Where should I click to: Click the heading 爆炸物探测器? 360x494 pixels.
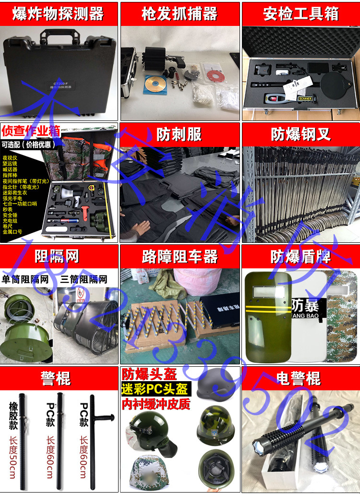click(x=59, y=14)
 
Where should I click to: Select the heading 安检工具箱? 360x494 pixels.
click(x=300, y=14)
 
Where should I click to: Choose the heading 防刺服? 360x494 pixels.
click(x=179, y=134)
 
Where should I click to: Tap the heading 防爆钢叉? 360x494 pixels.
click(x=300, y=134)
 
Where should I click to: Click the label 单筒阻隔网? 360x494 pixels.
click(x=26, y=279)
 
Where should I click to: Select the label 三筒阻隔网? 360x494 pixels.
click(x=84, y=279)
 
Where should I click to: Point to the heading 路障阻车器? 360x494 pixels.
click(x=179, y=257)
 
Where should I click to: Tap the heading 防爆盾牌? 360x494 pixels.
click(x=300, y=257)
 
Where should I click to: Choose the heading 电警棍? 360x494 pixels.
click(x=300, y=378)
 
